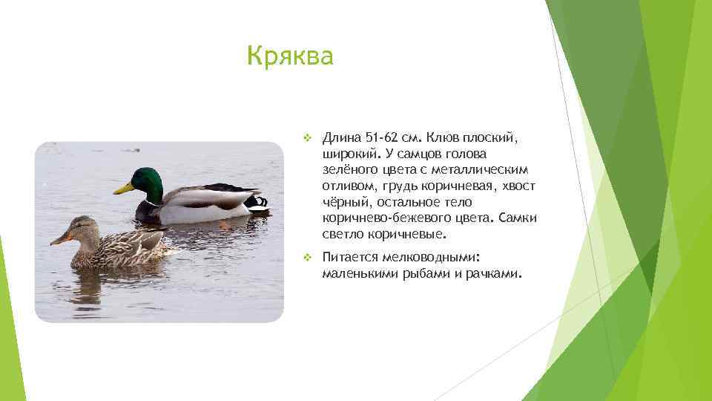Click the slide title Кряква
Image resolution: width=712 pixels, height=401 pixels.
290,56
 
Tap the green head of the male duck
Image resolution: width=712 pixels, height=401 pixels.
147,182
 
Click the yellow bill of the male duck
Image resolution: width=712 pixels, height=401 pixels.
124,189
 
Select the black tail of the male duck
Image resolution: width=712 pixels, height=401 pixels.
257,200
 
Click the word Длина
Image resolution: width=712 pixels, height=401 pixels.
341,138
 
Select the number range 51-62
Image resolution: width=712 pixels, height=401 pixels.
383,138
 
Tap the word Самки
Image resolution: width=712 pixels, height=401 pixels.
517,218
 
